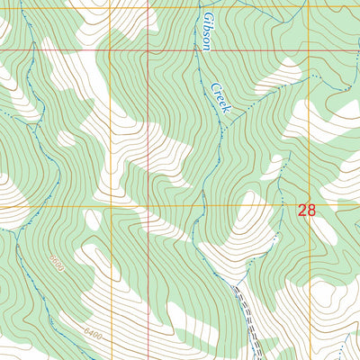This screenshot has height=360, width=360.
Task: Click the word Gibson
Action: [208, 32]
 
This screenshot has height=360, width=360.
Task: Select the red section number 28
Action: [306, 210]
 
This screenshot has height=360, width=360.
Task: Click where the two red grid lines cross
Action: [148, 50]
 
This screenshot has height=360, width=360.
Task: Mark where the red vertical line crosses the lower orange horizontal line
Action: [148, 205]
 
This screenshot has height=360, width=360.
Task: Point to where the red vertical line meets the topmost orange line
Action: [148, 8]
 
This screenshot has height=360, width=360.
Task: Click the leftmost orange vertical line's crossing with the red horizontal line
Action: [111, 50]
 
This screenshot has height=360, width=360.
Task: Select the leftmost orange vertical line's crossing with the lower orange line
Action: [111, 205]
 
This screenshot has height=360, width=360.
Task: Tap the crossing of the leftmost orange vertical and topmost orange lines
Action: [111, 8]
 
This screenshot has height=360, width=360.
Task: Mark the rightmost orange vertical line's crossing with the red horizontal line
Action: [309, 50]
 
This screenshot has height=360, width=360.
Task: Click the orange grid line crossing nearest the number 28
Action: [309, 205]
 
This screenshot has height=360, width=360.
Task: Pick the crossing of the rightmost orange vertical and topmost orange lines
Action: [309, 8]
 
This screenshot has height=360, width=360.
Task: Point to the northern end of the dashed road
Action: [235, 288]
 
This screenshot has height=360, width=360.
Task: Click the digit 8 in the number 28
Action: [311, 210]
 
